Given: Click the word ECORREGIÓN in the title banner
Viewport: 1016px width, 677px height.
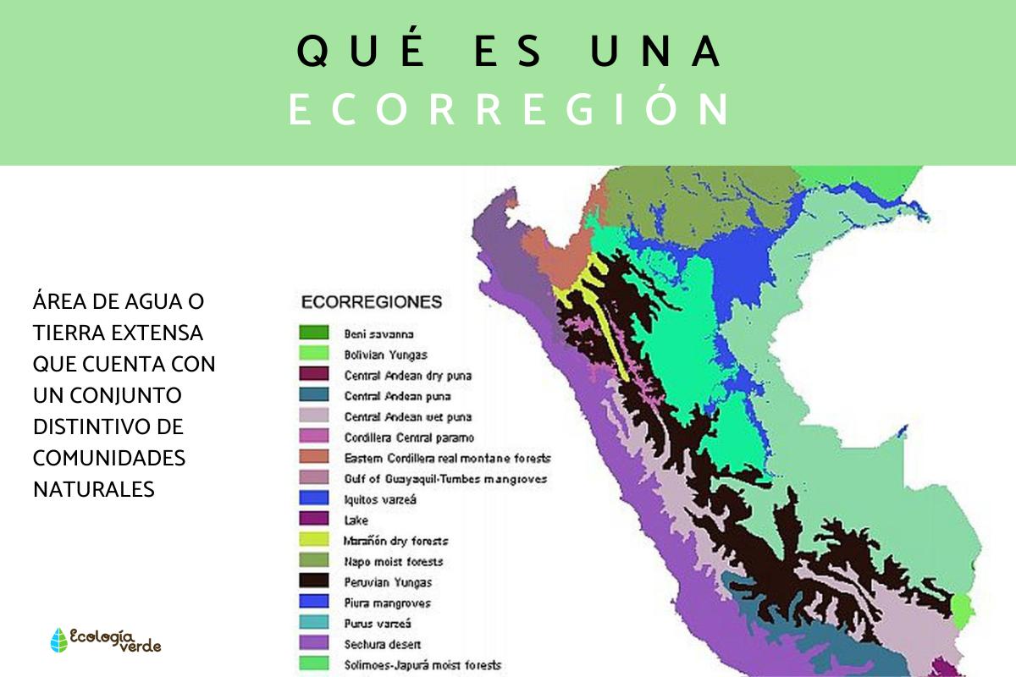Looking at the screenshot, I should coord(508,110).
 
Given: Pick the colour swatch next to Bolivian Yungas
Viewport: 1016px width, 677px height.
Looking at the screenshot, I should coord(313,354).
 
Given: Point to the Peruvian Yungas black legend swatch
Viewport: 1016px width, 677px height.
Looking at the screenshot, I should coord(313,581).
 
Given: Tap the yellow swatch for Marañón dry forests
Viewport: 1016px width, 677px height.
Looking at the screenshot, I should coord(313,540).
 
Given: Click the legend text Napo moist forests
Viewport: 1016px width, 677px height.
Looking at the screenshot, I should coord(394,561).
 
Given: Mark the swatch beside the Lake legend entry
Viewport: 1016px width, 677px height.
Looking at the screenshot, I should coord(313,520).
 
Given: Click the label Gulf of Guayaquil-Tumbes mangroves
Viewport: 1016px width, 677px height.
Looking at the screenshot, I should coord(445,479).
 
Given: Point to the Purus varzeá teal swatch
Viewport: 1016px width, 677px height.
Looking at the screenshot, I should coord(313,623).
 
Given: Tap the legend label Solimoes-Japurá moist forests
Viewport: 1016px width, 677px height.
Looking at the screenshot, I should coord(422,665).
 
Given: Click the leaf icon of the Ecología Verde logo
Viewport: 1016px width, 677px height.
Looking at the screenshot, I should coord(58,640).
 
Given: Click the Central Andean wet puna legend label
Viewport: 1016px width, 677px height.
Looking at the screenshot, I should coord(408,416).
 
